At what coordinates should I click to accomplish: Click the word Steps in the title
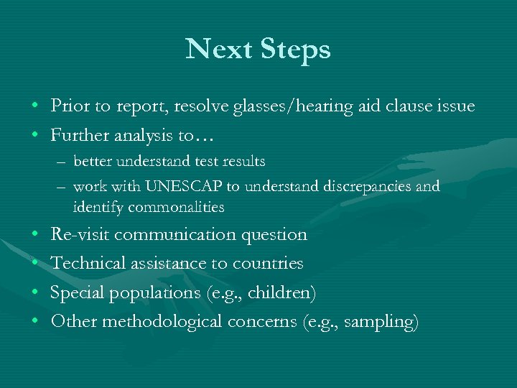(x=294, y=50)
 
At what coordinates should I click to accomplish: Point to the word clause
(x=399, y=106)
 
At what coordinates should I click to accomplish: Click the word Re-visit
(x=80, y=235)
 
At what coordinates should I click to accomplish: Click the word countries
(x=268, y=264)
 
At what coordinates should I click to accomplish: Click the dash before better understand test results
(x=62, y=162)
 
